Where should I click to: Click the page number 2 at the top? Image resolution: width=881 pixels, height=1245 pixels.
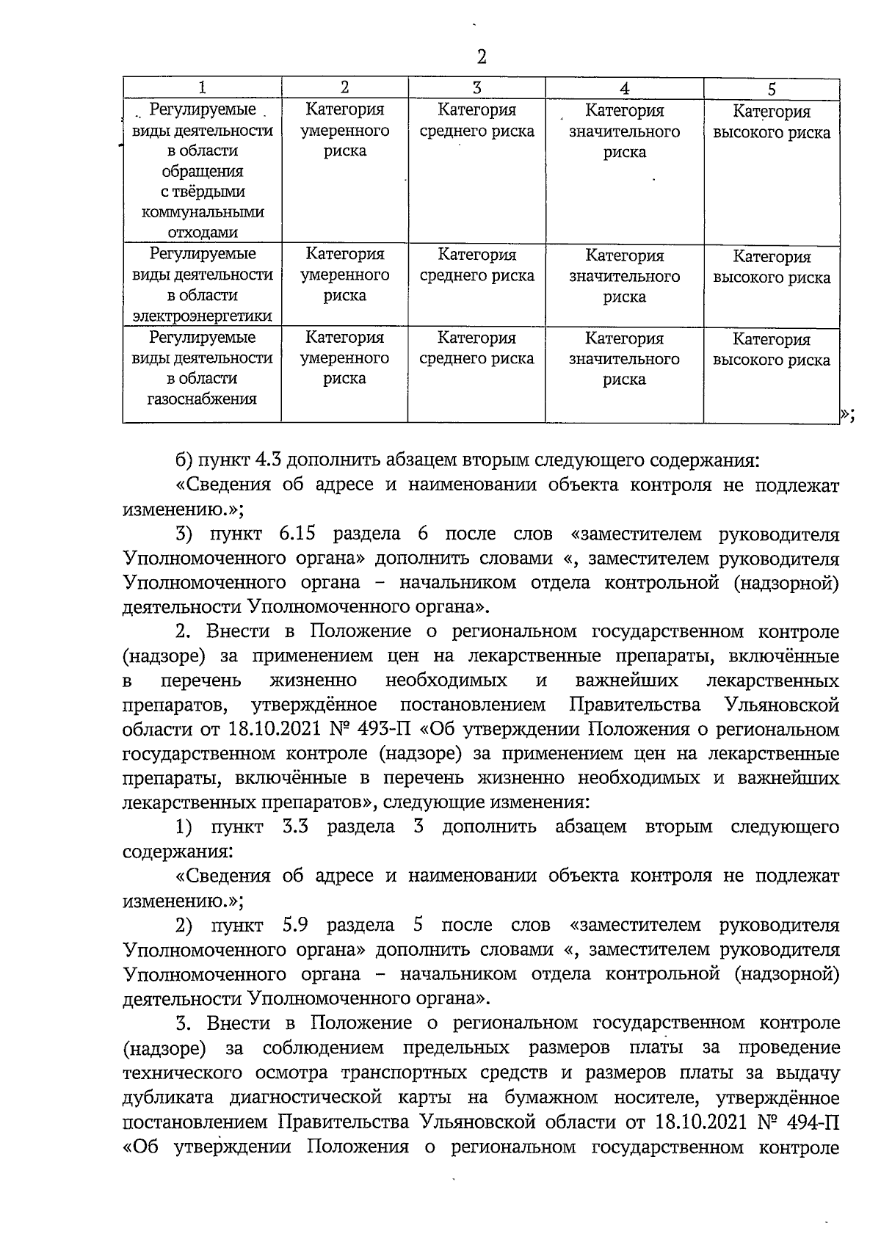[x=481, y=57]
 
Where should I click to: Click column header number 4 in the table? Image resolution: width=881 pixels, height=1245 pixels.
[x=624, y=89]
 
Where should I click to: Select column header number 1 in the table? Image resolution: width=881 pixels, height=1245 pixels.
[x=202, y=87]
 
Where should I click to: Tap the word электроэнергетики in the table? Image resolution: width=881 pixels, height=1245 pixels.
[x=202, y=316]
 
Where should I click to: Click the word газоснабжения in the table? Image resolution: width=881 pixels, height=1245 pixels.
[x=202, y=399]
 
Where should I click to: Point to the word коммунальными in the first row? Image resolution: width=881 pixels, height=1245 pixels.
[x=202, y=212]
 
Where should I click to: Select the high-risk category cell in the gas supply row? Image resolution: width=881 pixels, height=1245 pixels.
[x=772, y=350]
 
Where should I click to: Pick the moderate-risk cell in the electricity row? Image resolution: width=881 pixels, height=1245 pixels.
[x=344, y=275]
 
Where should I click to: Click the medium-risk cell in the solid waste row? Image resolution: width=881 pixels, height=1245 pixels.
[x=476, y=121]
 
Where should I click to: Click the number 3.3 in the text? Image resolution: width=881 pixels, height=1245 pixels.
[x=294, y=827]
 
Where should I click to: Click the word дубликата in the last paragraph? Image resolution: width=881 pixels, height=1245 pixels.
[x=166, y=1097]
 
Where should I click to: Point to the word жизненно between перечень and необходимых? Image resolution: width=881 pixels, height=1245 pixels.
[x=313, y=680]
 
